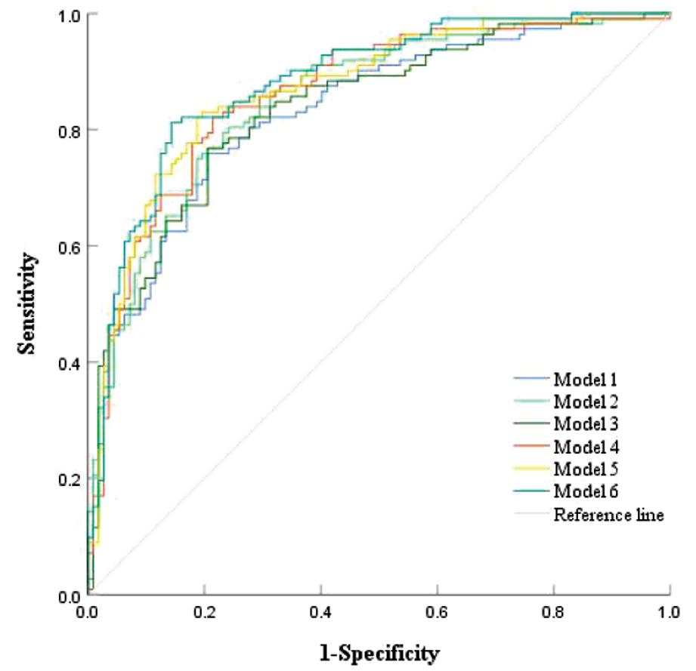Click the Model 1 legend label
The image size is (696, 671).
click(x=586, y=377)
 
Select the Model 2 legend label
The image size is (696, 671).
click(x=586, y=400)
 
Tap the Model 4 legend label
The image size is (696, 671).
click(x=586, y=446)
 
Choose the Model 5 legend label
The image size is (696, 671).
click(x=586, y=469)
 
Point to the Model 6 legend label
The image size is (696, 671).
click(x=586, y=492)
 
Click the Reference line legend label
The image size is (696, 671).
click(x=609, y=516)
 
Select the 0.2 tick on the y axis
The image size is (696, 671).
click(x=70, y=479)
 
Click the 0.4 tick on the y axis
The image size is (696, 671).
click(x=70, y=363)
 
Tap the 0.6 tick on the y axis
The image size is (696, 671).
click(x=70, y=246)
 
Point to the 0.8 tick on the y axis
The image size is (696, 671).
click(x=70, y=130)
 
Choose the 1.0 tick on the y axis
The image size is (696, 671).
click(x=70, y=14)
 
